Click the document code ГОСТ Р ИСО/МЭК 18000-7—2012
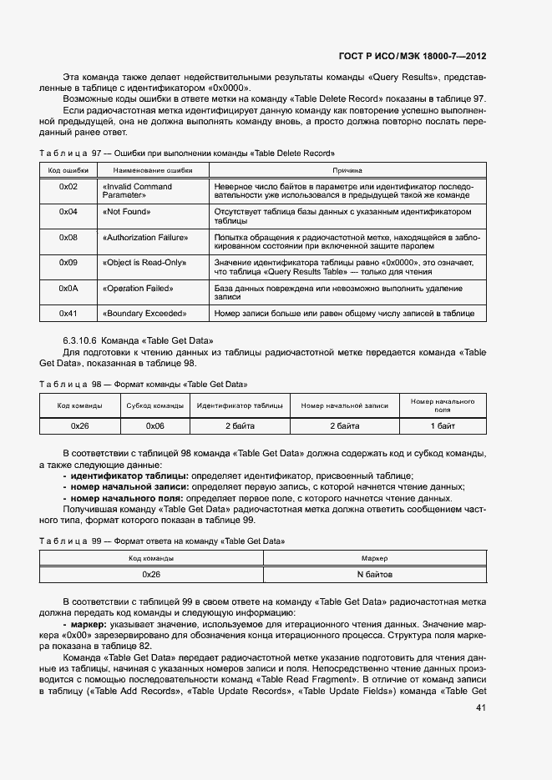(x=412, y=56)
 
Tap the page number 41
(x=480, y=708)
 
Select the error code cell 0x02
(x=68, y=187)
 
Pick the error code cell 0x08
(x=68, y=238)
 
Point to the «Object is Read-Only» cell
(x=143, y=263)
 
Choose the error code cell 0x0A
(x=68, y=289)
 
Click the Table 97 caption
(x=187, y=153)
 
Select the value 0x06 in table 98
(x=155, y=425)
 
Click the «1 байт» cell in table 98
(x=443, y=425)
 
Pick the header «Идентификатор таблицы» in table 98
(x=240, y=406)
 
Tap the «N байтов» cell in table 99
(x=374, y=575)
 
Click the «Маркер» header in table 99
(x=374, y=558)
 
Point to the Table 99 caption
(x=163, y=541)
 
